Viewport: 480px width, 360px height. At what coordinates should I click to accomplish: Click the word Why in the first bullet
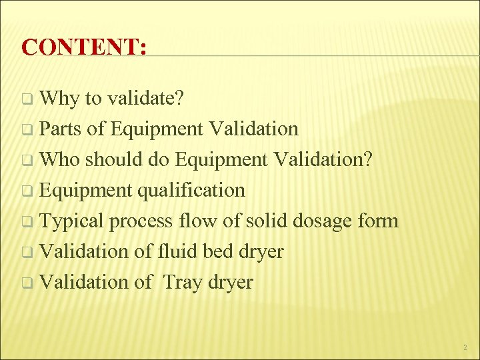(59, 99)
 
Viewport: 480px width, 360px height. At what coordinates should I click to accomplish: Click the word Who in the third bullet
(61, 159)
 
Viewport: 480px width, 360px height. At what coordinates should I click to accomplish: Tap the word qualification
(191, 191)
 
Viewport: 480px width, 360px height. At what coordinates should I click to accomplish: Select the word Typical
(73, 221)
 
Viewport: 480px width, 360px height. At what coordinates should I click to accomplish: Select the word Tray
(181, 283)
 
